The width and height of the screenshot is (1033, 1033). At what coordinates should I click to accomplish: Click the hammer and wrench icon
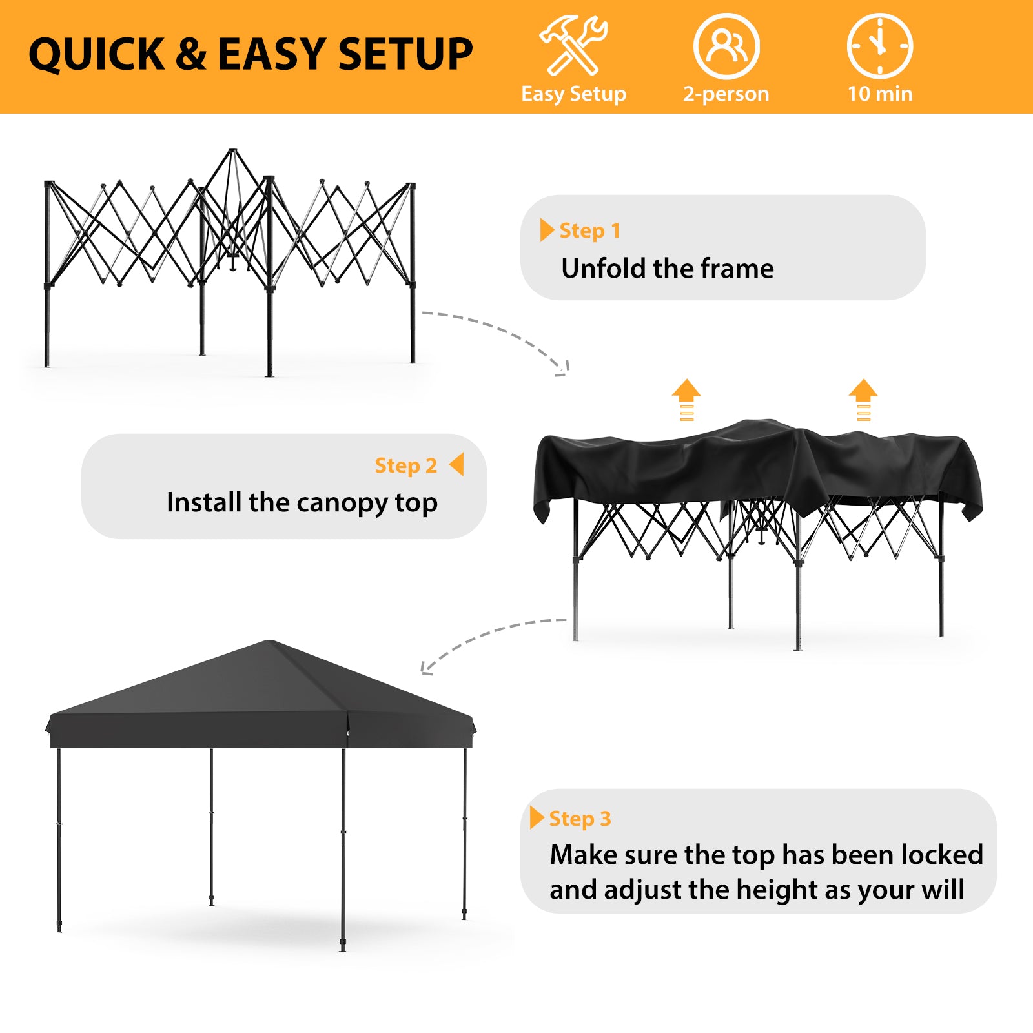pos(573,45)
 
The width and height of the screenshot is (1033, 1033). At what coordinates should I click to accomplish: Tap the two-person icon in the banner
pos(726,46)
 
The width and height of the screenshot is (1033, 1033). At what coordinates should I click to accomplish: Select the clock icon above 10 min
pos(879,46)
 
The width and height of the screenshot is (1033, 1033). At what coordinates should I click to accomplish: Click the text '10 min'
pos(880,94)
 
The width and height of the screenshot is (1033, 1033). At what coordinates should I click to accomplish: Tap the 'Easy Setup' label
pos(573,94)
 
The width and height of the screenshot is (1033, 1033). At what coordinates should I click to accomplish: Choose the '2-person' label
pos(726,94)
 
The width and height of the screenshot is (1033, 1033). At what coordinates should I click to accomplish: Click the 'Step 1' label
pos(589,230)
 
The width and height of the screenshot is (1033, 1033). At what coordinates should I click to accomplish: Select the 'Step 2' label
pos(406,465)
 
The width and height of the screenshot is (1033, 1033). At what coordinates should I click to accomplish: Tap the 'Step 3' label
pos(580,819)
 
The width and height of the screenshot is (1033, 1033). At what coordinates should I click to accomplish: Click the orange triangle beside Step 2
pos(456,464)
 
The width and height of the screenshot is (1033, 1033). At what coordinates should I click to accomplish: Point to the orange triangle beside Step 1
pos(547,230)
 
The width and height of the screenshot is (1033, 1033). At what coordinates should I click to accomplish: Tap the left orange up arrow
pos(686,400)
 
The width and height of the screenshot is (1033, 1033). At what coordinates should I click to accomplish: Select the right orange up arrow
pos(863,400)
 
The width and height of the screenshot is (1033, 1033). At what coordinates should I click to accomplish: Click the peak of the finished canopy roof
pos(270,641)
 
